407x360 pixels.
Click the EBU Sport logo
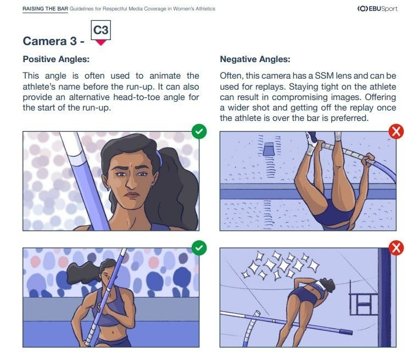pos(377,9)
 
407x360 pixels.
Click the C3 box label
pos(101,30)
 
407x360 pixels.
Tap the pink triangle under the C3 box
pos(101,43)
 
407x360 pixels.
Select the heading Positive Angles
pos(56,59)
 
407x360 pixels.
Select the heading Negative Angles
pos(255,59)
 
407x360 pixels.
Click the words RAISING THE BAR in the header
pos(45,9)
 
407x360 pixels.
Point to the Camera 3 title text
pos(53,41)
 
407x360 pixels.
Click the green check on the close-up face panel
pos(199,131)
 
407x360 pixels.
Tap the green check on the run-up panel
pos(199,248)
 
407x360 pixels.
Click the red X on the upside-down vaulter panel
pos(396,131)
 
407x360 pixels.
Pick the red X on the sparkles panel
pos(396,248)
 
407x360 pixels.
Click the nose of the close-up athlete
pos(131,182)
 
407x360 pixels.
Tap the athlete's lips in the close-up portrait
pos(132,195)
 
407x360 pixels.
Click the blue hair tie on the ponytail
pos(159,158)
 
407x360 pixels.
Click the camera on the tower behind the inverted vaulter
pos(269,149)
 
